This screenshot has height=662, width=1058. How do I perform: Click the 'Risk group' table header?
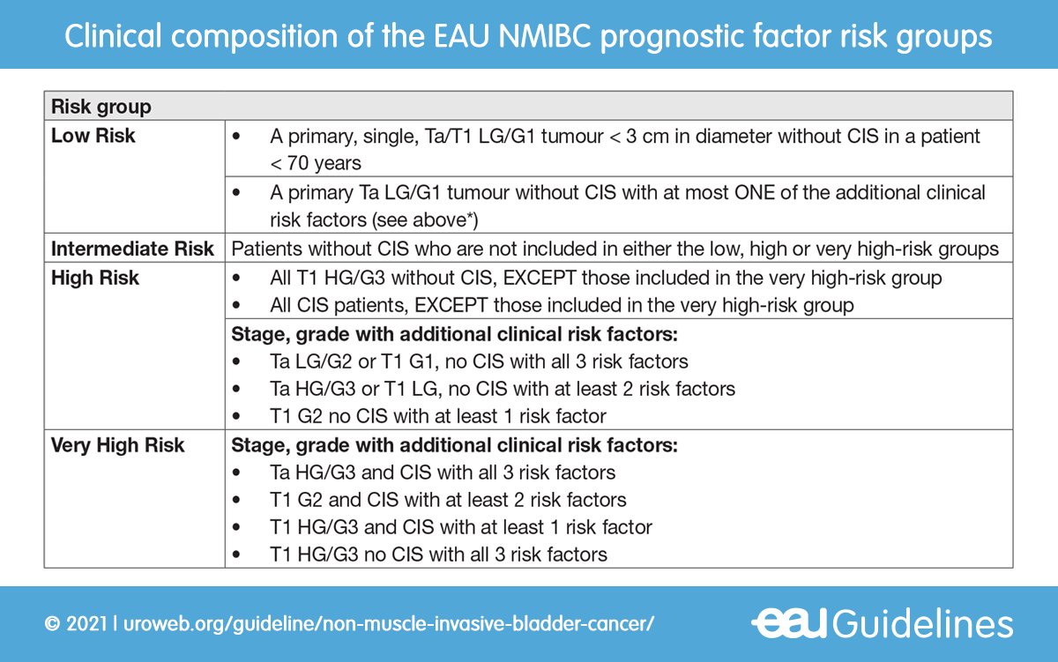101,108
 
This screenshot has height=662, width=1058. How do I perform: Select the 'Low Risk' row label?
93,136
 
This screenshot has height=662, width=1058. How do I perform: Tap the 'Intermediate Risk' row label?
132,249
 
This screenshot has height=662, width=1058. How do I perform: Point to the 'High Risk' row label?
96,278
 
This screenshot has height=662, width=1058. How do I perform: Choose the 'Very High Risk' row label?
118,445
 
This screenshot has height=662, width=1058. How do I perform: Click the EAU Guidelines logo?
882,623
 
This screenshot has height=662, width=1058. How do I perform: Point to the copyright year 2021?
82,624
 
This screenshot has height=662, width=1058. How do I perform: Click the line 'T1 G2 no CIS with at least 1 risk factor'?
438,415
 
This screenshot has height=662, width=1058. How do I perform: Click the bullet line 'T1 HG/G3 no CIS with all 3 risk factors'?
438,554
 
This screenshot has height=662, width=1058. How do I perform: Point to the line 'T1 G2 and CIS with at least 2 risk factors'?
448,500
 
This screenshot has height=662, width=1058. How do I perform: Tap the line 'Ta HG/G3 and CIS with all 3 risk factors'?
443,472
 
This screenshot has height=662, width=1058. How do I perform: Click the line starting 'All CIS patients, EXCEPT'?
562,306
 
